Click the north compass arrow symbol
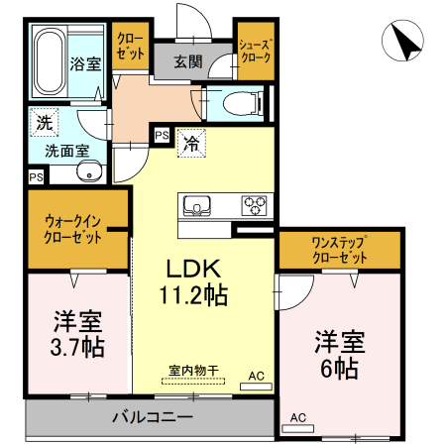[405, 43]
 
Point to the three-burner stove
[256, 206]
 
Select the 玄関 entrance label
[188, 61]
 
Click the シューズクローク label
[255, 53]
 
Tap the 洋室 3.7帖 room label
[77, 335]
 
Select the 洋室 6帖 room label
[340, 355]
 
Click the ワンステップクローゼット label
[340, 249]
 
